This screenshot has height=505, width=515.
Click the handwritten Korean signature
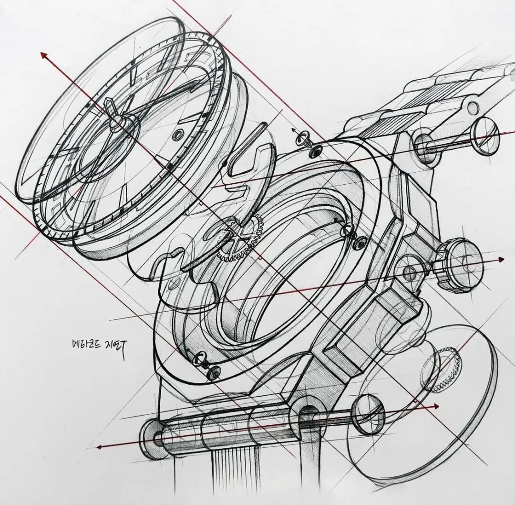(x=100, y=343)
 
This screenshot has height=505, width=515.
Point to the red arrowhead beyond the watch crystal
(x=44, y=55)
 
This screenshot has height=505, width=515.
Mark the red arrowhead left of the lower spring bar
(x=100, y=447)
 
